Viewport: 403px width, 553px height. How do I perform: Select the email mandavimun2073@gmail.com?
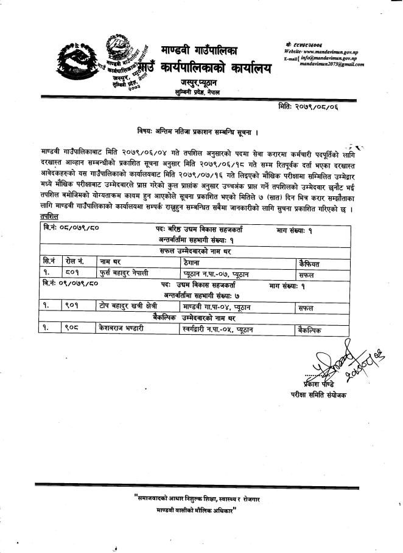pos(332,64)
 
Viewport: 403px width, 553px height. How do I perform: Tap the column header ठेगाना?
pos(194,262)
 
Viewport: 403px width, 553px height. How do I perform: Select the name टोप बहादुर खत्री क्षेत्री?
pos(130,307)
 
